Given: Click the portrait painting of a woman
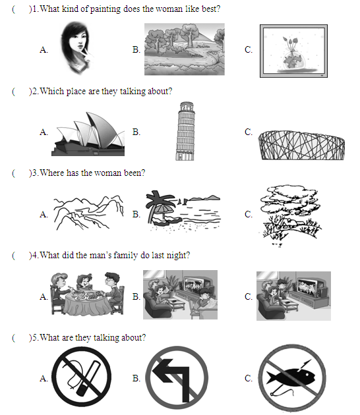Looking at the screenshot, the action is pyautogui.click(x=76, y=48).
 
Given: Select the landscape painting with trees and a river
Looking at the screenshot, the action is pyautogui.click(x=185, y=49).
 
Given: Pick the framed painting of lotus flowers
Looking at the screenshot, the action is pyautogui.click(x=293, y=51).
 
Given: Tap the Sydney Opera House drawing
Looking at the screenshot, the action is pyautogui.click(x=88, y=134).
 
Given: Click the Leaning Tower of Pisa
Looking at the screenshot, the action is pyautogui.click(x=185, y=131).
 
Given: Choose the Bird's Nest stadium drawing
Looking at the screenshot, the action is pyautogui.click(x=301, y=145).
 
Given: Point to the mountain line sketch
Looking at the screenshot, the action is pyautogui.click(x=88, y=213).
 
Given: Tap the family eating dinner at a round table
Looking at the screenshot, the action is pyautogui.click(x=88, y=294).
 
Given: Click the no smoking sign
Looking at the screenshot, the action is pyautogui.click(x=82, y=377).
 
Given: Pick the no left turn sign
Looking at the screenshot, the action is pyautogui.click(x=177, y=377).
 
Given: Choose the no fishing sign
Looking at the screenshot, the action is pyautogui.click(x=292, y=377).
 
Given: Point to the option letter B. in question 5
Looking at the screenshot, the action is pyautogui.click(x=136, y=378).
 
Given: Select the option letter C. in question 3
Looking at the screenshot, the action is pyautogui.click(x=249, y=214).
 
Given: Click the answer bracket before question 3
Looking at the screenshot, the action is pyautogui.click(x=22, y=173).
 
